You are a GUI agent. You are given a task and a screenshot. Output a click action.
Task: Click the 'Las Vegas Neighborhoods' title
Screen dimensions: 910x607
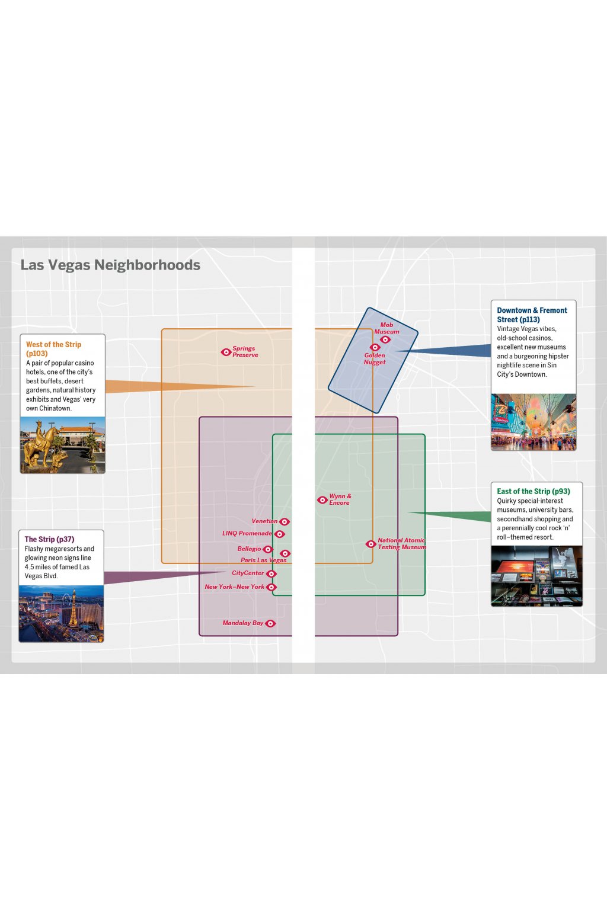(110, 265)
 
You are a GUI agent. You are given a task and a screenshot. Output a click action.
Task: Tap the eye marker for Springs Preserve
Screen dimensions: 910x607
(226, 352)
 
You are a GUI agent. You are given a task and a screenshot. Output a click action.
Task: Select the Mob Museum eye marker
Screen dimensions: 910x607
(385, 339)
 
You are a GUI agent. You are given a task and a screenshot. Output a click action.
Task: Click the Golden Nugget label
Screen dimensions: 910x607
(375, 358)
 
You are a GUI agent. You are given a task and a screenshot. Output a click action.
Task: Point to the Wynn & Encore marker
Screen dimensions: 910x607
(322, 500)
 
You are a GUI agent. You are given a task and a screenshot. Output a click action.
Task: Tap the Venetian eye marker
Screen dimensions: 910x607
(285, 522)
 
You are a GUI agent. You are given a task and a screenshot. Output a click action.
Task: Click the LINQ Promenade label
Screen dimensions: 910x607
(247, 533)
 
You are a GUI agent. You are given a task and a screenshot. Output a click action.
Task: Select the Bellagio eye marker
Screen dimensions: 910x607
(268, 550)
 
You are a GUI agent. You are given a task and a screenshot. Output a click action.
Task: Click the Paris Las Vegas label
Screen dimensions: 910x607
(263, 560)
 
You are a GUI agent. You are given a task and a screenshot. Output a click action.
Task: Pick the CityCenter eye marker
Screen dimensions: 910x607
(271, 574)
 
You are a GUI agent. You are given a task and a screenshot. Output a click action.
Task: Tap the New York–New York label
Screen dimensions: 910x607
(235, 587)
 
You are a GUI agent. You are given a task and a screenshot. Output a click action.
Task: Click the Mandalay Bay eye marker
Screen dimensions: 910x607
(270, 623)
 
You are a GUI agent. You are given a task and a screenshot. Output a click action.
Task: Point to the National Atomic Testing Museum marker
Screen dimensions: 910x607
(371, 544)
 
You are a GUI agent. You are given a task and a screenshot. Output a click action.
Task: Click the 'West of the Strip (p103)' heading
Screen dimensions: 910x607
(53, 349)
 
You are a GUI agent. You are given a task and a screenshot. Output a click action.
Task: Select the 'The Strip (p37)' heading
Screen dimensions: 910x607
(49, 539)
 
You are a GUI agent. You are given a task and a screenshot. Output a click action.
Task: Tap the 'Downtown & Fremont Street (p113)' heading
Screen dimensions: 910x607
(532, 315)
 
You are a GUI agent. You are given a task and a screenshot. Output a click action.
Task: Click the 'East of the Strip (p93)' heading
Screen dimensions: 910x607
(533, 491)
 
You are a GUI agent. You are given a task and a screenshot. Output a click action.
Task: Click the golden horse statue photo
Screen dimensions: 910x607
(63, 445)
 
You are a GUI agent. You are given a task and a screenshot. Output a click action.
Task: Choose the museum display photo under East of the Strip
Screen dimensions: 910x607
(536, 576)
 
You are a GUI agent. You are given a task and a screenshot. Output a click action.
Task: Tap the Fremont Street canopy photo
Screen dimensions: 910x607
(533, 422)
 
